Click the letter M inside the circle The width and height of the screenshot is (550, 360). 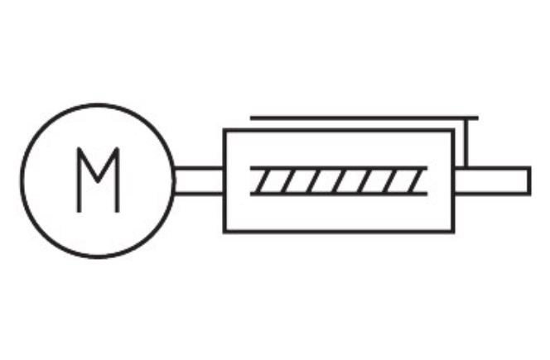[x=99, y=180]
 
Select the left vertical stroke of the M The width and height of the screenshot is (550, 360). [x=79, y=180]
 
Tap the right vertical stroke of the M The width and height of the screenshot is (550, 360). [x=118, y=180]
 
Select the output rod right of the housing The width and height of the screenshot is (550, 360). [x=492, y=180]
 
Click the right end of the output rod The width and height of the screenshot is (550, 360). [x=529, y=180]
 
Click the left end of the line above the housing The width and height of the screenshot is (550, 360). [x=252, y=118]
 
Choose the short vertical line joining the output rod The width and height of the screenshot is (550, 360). [x=468, y=142]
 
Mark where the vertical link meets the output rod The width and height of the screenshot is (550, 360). [x=468, y=168]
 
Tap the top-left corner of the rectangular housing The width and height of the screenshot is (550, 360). [x=224, y=130]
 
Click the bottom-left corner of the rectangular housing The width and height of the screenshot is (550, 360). [x=224, y=232]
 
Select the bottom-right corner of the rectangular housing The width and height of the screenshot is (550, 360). [x=453, y=232]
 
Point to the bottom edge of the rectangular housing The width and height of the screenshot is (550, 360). [x=339, y=232]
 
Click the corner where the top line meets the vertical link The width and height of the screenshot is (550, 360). [x=468, y=118]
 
